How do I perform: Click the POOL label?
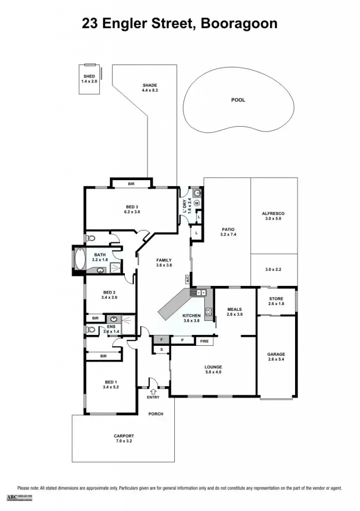coord(238,100)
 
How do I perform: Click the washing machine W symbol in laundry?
coord(197,203)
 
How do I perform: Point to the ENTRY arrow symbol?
coord(153,391)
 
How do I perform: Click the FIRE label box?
coord(204,341)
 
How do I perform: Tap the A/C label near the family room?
coord(188,279)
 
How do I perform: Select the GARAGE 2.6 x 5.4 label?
coord(276,357)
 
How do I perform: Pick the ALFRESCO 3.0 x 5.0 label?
coord(273,216)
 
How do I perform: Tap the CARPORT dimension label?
coord(123,439)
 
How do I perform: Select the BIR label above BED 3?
coord(131,184)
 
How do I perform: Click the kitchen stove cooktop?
coord(209,312)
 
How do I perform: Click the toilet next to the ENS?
coord(91,329)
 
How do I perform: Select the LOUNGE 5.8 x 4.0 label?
coord(213,369)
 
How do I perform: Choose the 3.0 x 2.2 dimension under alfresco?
coord(273,269)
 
